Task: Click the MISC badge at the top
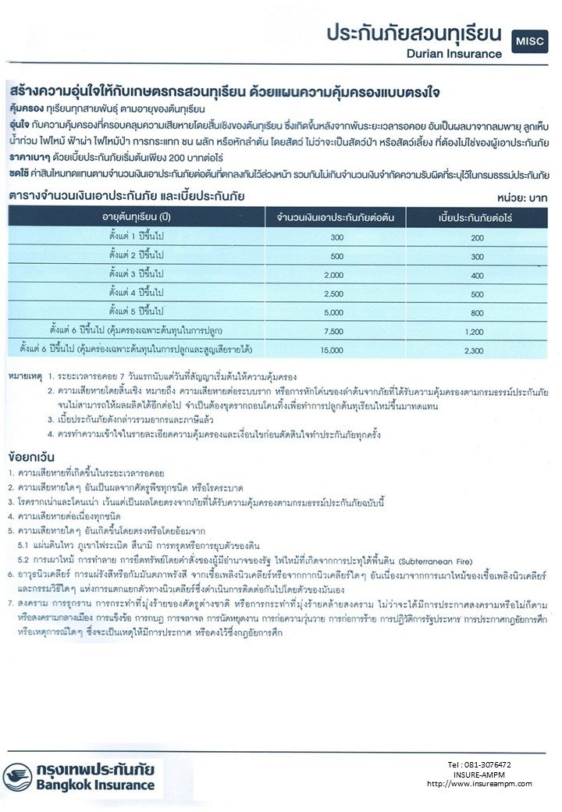(530, 41)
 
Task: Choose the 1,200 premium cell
(475, 330)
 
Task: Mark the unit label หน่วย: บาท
(523, 198)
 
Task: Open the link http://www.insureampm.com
(479, 783)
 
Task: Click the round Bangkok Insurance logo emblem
(17, 776)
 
